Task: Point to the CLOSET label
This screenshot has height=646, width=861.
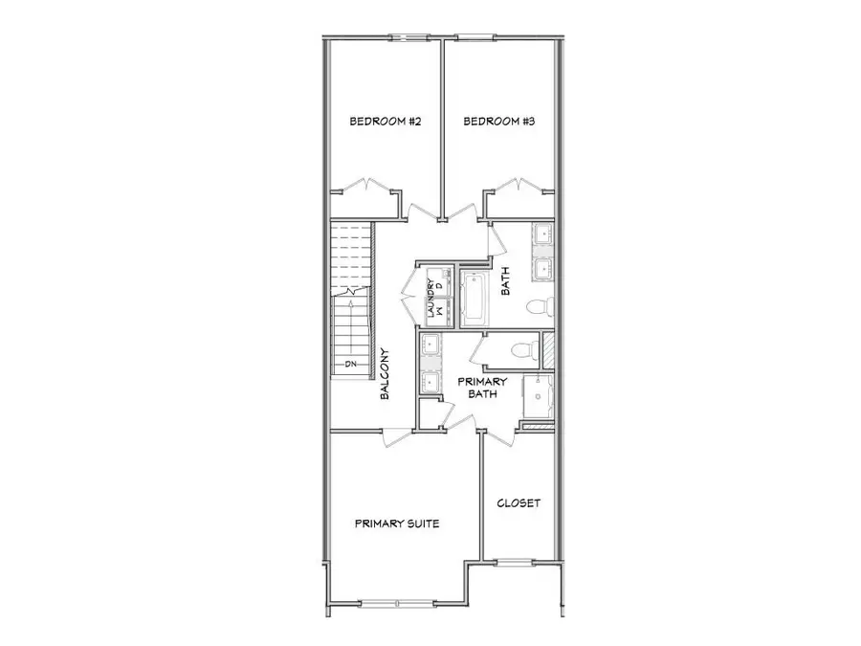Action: (x=519, y=503)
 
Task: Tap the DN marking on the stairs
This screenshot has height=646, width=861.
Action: (x=350, y=365)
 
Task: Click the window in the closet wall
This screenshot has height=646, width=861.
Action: (x=518, y=562)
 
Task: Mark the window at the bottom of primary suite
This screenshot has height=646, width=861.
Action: (x=397, y=603)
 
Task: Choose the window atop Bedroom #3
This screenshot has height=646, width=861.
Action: (x=475, y=38)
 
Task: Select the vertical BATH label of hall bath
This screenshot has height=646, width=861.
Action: (x=506, y=279)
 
